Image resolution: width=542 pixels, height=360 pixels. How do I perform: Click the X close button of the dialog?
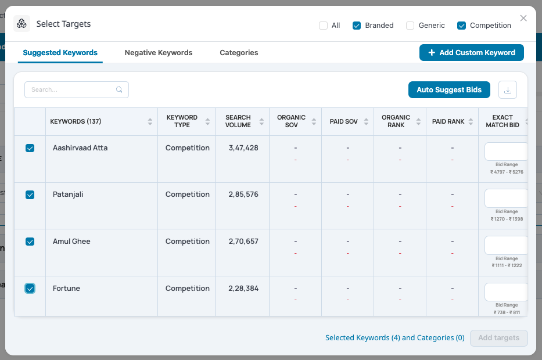tap(523, 19)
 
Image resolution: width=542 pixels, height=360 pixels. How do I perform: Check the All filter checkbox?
tap(323, 26)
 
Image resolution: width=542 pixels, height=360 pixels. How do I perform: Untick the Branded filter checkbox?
tap(357, 26)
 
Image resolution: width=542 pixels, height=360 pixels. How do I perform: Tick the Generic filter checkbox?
tap(410, 26)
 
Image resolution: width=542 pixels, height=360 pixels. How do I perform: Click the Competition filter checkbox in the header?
tap(461, 26)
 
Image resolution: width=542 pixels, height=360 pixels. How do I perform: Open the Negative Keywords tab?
tap(159, 52)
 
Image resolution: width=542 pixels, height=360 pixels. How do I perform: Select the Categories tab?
tap(239, 52)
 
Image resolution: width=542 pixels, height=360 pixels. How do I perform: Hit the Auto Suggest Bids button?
tap(449, 90)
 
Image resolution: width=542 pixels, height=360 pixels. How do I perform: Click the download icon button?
tap(507, 90)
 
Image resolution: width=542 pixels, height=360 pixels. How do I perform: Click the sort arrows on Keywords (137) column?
tap(150, 121)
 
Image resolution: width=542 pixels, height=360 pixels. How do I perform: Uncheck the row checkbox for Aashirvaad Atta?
tap(30, 148)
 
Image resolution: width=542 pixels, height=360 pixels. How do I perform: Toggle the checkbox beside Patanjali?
tap(30, 195)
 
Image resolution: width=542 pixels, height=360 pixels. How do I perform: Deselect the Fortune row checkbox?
tap(30, 289)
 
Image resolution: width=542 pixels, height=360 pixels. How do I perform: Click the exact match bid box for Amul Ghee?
tap(506, 245)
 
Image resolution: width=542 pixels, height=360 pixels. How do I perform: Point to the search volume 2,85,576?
tap(243, 195)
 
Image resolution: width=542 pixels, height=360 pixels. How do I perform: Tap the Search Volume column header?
tap(238, 121)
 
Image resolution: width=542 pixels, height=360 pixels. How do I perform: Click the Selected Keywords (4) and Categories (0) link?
tap(395, 338)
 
